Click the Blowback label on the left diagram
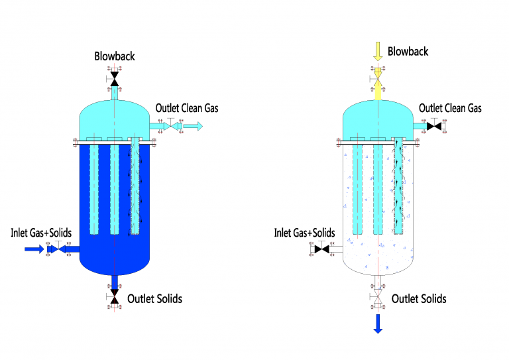pyautogui.click(x=114, y=56)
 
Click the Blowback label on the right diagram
pyautogui.click(x=408, y=51)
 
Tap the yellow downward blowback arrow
pyautogui.click(x=378, y=51)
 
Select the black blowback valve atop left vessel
pyautogui.click(x=114, y=79)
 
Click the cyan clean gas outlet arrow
pyautogui.click(x=193, y=126)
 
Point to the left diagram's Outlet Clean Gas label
pyautogui.click(x=187, y=108)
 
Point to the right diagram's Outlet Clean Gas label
pyautogui.click(x=450, y=108)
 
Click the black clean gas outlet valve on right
pyautogui.click(x=434, y=126)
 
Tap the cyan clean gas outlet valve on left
pyautogui.click(x=171, y=126)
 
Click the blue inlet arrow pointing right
pyautogui.click(x=34, y=249)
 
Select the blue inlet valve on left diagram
pyautogui.click(x=58, y=249)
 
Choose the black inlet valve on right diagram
pyautogui.click(x=321, y=249)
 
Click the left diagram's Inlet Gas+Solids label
pyautogui.click(x=41, y=233)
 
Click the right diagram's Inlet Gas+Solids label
pyautogui.click(x=304, y=233)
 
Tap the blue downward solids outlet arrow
pyautogui.click(x=378, y=324)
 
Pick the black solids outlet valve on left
pyautogui.click(x=114, y=296)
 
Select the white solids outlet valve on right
pyautogui.click(x=378, y=296)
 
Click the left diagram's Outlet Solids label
pyautogui.click(x=154, y=298)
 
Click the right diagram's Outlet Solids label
pyautogui.click(x=419, y=298)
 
